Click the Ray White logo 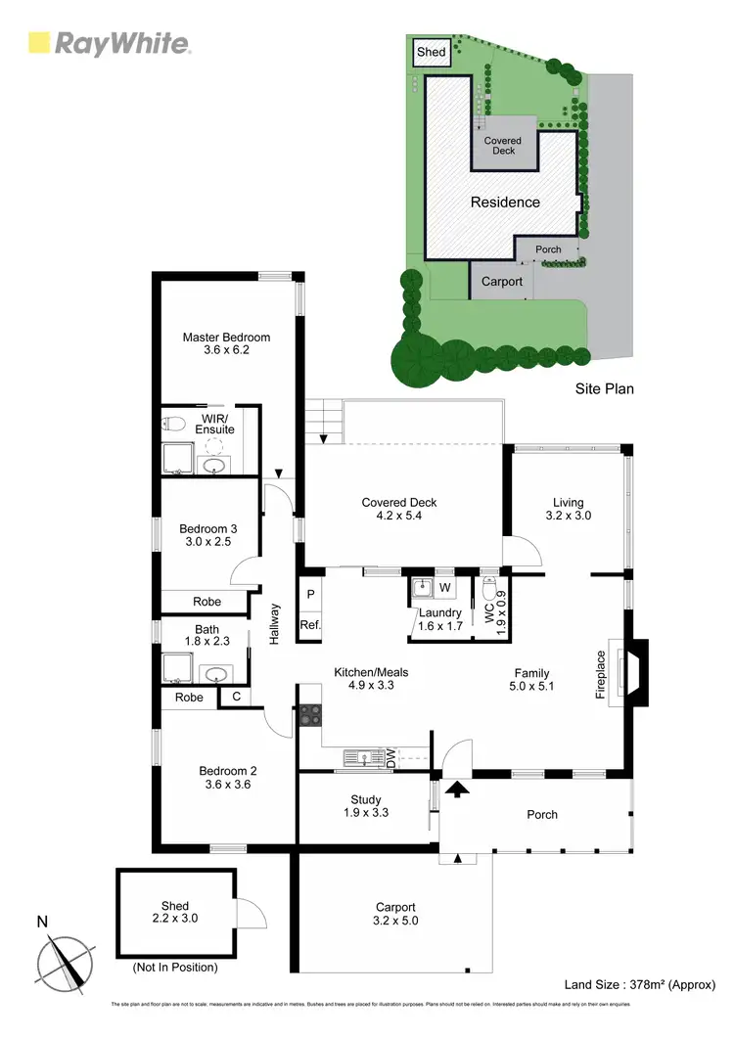pyautogui.click(x=109, y=42)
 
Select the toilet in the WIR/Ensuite pyautogui.click(x=173, y=425)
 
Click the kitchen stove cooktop pyautogui.click(x=310, y=715)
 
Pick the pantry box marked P pyautogui.click(x=310, y=594)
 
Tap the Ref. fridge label pyautogui.click(x=310, y=625)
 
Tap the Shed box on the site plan pyautogui.click(x=431, y=52)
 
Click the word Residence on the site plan pyautogui.click(x=505, y=203)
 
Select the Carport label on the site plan pyautogui.click(x=502, y=282)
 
